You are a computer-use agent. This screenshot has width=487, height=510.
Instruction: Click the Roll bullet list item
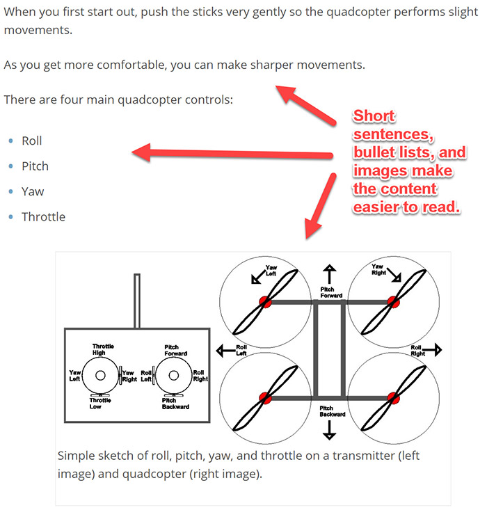coord(32,141)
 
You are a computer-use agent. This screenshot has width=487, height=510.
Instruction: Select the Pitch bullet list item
coord(35,166)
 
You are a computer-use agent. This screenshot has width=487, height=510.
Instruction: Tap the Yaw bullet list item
coord(33,191)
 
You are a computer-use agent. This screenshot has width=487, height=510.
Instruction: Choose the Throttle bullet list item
coord(43,217)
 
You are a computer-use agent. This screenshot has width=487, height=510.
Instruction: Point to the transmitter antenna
coord(138,300)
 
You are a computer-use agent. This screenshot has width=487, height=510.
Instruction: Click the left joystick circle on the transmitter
coord(100,376)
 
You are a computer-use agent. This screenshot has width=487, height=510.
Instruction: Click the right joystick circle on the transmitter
coord(173,376)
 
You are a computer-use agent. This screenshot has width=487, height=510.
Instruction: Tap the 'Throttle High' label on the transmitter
coord(103,349)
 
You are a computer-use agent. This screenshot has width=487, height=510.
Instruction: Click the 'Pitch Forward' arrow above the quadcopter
coord(329,273)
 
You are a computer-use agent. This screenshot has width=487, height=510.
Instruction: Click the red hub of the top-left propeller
coord(265,301)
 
